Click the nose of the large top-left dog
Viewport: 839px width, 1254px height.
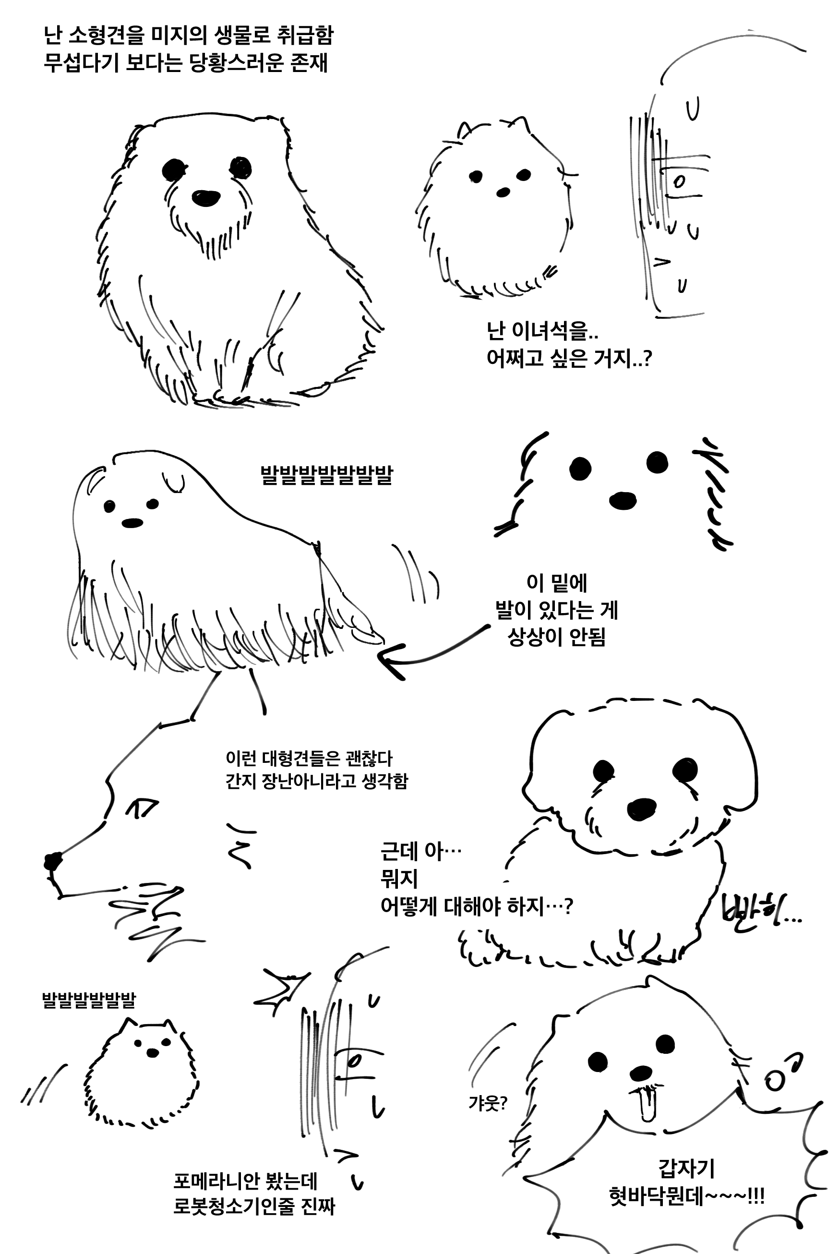pos(205,197)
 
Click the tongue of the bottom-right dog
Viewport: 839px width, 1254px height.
pos(648,1104)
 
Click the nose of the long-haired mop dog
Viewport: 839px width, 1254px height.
pos(132,523)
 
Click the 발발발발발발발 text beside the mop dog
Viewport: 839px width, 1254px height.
pos(326,475)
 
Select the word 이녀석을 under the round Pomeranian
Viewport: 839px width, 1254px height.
pos(550,331)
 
